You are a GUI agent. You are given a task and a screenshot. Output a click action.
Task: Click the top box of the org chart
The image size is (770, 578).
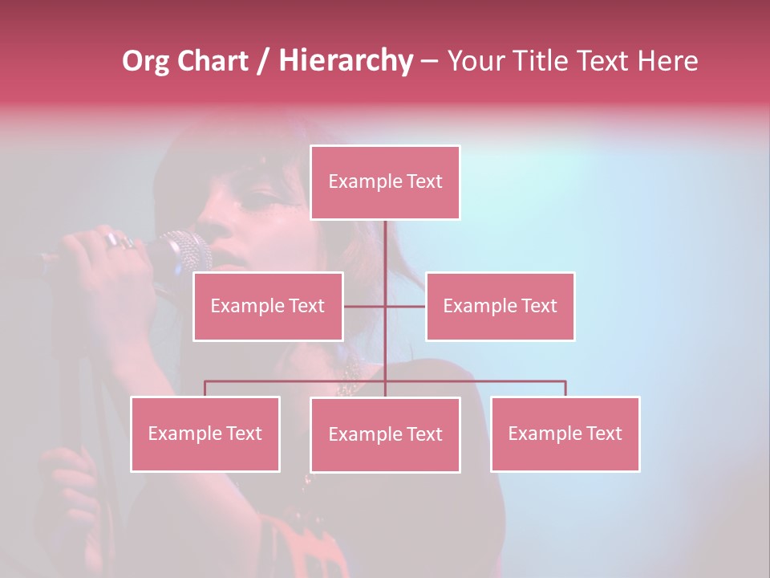(x=385, y=182)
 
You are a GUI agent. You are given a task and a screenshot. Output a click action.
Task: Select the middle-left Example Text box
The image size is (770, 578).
(x=268, y=306)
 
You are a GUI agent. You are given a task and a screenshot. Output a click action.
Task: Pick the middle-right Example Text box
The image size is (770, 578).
(x=500, y=306)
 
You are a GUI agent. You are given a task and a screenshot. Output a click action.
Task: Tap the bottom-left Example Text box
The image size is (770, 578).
(x=205, y=433)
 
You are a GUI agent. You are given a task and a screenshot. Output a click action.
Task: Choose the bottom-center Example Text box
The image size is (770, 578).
(x=385, y=434)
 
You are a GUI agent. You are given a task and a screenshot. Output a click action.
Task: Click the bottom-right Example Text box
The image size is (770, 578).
(x=565, y=433)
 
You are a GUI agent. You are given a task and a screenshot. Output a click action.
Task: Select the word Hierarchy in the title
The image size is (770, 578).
(x=346, y=61)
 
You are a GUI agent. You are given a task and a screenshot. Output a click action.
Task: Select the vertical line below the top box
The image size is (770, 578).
(x=385, y=257)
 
